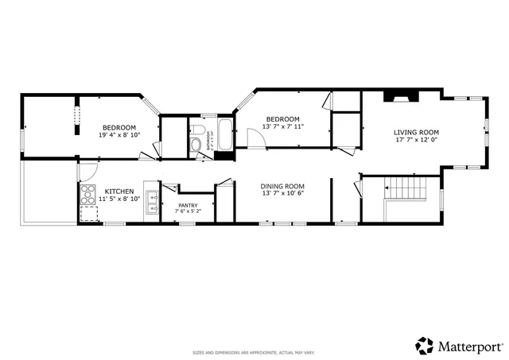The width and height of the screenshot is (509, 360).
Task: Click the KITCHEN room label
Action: pos(119,192)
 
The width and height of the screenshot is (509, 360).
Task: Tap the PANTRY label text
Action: pos(188,205)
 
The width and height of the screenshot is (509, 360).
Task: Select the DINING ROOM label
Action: pos(283,187)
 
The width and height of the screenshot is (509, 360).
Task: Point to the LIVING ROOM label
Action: pos(417,132)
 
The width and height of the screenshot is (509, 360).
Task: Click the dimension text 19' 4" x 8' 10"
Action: pos(119,135)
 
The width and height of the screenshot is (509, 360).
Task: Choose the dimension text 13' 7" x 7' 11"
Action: pos(283,126)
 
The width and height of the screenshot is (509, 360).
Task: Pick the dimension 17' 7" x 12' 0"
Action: pos(417,140)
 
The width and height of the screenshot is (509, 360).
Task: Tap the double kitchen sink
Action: pos(151,195)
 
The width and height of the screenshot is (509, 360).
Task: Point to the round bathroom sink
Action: pos(196,145)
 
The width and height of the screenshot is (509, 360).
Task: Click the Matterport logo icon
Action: pos(425,345)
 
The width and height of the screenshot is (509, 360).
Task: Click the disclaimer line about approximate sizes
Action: pos(254,352)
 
